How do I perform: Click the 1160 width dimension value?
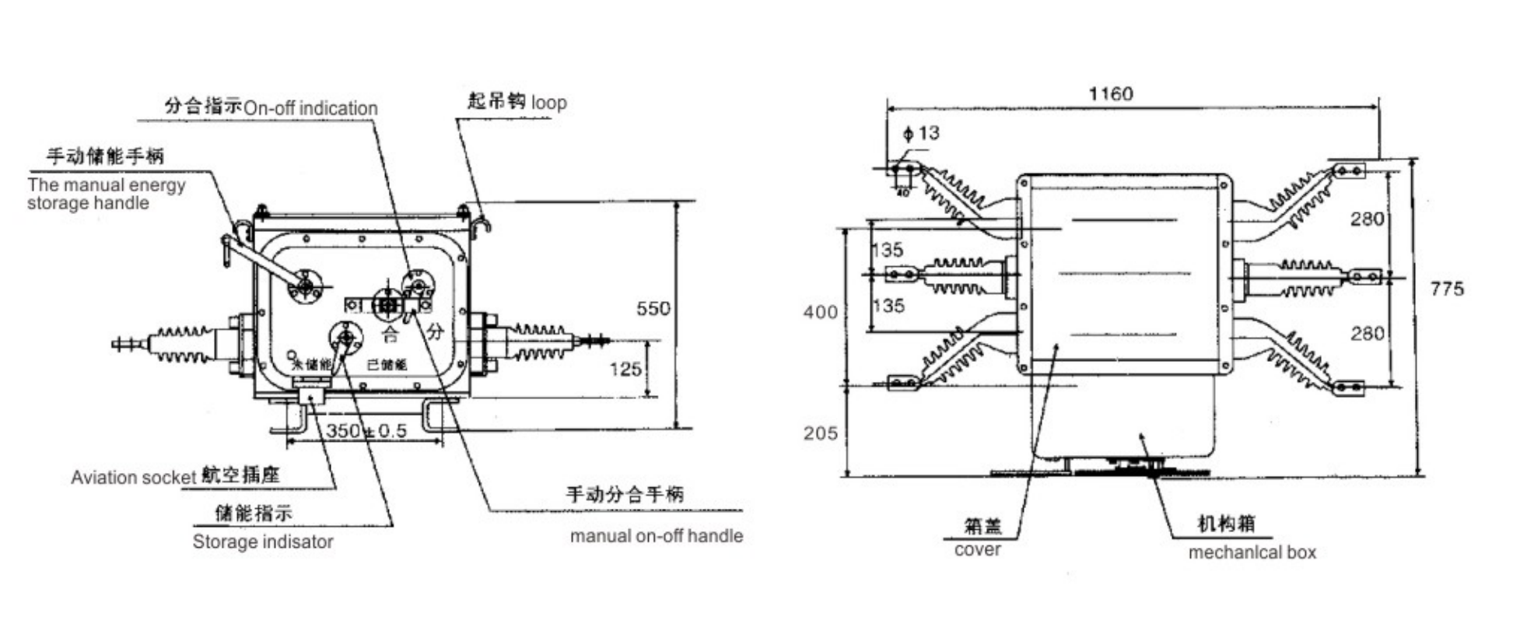[1110, 94]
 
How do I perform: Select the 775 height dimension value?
[1446, 289]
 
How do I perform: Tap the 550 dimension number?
[653, 309]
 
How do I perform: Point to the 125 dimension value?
[625, 369]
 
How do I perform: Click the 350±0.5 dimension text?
[366, 431]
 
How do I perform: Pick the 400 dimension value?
[821, 313]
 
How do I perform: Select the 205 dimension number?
[821, 433]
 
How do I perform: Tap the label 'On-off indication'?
[310, 108]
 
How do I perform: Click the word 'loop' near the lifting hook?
[548, 103]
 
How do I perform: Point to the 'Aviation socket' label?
[133, 478]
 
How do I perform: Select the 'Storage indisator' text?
[263, 542]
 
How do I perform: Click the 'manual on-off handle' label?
[656, 536]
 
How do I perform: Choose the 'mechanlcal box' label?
[1252, 553]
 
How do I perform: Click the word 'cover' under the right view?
[977, 550]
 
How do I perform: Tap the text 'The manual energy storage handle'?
[106, 195]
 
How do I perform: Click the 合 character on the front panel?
[390, 335]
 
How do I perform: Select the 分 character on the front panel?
[434, 331]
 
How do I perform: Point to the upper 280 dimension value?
[1367, 219]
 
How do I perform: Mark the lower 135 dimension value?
[888, 306]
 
